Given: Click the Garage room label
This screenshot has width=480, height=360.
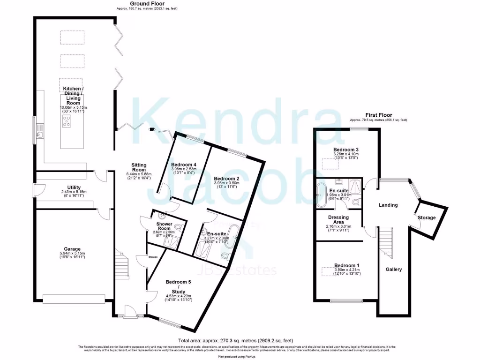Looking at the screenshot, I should click(x=72, y=249).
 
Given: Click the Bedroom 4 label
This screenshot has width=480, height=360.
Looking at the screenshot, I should click(x=184, y=165).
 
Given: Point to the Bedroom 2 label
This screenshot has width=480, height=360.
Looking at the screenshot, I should click(x=227, y=179).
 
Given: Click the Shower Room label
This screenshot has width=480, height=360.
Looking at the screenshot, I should click(x=165, y=224).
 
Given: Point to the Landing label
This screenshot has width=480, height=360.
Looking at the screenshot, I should click(x=388, y=205).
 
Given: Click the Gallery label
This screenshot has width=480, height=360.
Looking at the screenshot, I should click(x=394, y=270).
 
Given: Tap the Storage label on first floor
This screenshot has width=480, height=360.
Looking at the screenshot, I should click(x=427, y=217).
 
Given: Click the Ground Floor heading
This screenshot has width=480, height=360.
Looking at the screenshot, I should click(x=147, y=4).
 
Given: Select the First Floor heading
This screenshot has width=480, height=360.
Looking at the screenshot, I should click(x=378, y=115).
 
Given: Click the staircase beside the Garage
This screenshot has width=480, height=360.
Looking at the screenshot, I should click(x=122, y=265).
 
